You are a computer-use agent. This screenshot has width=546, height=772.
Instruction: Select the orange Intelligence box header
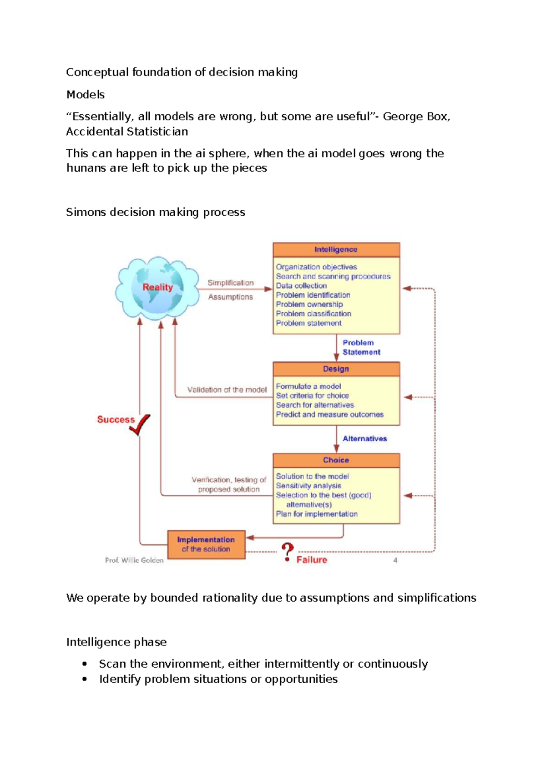(336, 249)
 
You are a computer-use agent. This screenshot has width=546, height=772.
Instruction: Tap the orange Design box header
(336, 369)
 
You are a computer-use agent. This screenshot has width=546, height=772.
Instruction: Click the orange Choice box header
(336, 460)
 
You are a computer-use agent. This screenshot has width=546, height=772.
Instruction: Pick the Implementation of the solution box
(206, 544)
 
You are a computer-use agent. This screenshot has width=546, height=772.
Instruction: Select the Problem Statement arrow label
(361, 347)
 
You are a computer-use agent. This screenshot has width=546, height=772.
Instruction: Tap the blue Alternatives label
(364, 439)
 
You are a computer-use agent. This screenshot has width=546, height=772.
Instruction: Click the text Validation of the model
(227, 390)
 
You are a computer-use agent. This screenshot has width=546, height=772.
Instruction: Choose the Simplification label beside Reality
(230, 283)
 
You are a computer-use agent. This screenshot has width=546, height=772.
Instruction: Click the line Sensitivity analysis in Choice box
(308, 486)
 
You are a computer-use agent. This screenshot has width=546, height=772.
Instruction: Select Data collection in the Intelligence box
(301, 286)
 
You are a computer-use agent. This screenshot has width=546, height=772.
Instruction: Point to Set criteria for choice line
(312, 396)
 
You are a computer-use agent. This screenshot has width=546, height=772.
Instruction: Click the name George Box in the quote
(415, 117)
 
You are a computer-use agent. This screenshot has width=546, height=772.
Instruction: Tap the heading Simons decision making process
(155, 212)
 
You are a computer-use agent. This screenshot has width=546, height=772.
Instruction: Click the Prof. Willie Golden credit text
(134, 560)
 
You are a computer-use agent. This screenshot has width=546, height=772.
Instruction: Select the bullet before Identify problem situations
(85, 679)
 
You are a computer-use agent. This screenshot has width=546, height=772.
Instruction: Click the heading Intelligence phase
(116, 642)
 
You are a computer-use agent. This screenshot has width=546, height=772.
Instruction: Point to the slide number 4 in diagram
(395, 560)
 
